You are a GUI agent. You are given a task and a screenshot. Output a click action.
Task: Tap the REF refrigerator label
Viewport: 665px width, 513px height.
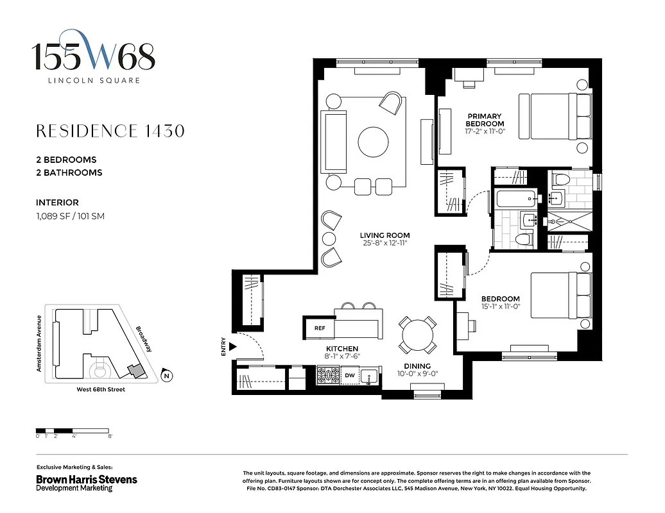pos(320,328)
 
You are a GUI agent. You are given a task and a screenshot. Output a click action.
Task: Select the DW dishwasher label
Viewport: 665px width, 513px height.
pos(350,375)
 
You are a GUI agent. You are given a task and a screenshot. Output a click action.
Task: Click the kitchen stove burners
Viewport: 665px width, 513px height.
pos(328,374)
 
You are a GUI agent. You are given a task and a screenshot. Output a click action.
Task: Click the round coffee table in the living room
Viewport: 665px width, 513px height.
pos(374,142)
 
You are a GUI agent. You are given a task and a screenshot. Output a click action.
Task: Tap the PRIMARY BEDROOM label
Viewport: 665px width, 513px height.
pos(485,120)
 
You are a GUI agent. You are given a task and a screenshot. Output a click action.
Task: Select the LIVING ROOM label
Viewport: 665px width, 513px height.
pos(384,235)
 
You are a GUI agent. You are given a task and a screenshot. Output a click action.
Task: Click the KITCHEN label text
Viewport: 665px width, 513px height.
pos(341,349)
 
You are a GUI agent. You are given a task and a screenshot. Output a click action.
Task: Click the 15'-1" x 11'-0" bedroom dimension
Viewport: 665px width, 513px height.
pos(501,308)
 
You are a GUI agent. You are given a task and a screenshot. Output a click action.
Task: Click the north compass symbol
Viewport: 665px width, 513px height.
pos(166,376)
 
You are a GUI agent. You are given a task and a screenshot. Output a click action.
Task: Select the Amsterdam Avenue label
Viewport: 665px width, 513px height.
pos(39,344)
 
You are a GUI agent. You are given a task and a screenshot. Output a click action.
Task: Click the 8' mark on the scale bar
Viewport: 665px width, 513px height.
pos(110,436)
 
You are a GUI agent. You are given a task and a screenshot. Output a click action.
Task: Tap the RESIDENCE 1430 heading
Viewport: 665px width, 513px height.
pos(110,131)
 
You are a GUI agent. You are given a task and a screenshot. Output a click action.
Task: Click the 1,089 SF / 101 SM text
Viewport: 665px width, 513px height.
pos(70,216)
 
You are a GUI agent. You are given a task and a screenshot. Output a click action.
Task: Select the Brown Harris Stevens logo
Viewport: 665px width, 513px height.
pos(86,482)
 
